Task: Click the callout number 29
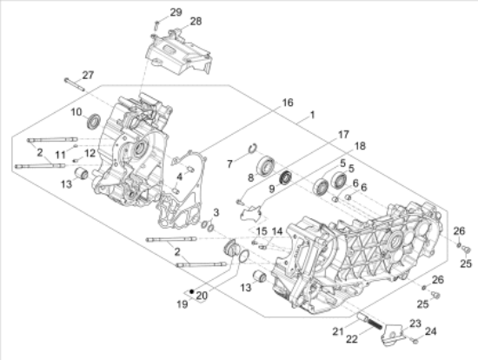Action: [x=176, y=12]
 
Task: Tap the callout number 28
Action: [x=196, y=22]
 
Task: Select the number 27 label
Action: [x=88, y=75]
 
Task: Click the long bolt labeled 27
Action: [x=74, y=84]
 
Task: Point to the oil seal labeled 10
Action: [x=94, y=121]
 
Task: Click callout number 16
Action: [x=288, y=103]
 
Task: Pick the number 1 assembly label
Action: [x=312, y=115]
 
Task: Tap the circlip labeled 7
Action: [x=253, y=148]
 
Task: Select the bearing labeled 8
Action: [x=266, y=165]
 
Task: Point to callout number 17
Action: [x=343, y=135]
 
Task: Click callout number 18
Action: [x=360, y=146]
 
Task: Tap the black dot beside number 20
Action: [x=191, y=291]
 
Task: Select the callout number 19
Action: [x=183, y=304]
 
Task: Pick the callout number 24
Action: [x=430, y=331]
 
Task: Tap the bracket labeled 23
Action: [x=393, y=335]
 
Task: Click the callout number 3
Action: [x=216, y=212]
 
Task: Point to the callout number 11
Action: [x=60, y=155]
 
